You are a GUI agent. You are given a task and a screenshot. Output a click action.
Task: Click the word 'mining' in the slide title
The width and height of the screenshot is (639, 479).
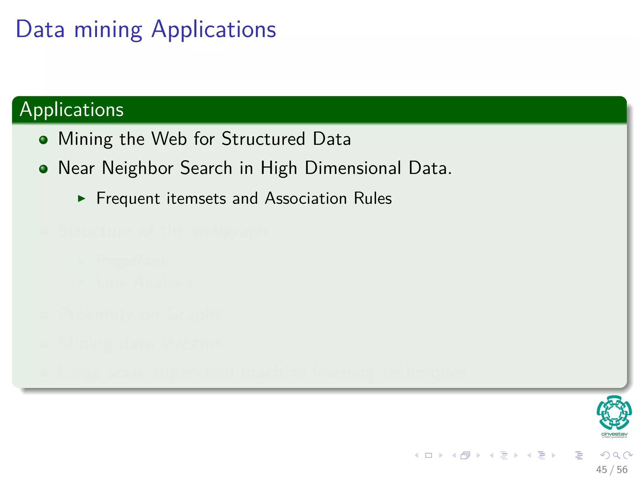point(108,30)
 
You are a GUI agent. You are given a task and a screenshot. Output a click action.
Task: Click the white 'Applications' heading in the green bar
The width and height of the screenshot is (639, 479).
point(72,110)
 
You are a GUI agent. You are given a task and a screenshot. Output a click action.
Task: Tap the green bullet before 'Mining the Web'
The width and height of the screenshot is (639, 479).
point(43,140)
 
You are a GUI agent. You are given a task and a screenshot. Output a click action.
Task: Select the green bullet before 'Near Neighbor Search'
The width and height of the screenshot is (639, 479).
point(43,169)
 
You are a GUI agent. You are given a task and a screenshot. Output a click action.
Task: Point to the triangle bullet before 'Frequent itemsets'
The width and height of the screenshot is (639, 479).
point(81,198)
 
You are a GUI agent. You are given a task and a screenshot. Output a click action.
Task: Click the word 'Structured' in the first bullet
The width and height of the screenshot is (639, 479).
point(263,139)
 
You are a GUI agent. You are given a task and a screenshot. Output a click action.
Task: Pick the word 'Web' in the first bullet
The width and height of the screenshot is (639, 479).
point(169,139)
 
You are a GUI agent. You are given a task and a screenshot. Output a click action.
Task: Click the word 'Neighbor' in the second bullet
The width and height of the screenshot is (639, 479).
point(137,168)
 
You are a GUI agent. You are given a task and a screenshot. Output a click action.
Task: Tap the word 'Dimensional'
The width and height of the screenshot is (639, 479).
point(353,168)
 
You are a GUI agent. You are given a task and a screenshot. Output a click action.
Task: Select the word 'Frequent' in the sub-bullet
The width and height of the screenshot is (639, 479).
point(128,199)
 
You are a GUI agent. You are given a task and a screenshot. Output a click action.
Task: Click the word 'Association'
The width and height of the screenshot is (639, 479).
point(306,199)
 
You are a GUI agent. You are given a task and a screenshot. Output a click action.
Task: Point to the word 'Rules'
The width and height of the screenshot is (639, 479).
point(373,199)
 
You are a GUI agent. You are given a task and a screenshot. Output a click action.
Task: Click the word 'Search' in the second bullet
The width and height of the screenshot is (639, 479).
point(206,168)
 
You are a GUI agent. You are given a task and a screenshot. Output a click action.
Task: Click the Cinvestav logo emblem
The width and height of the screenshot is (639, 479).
point(614,412)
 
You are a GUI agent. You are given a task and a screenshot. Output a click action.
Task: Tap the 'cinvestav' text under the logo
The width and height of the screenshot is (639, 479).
point(614,434)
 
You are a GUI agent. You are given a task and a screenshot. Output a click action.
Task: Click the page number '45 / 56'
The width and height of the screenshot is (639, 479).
point(612,470)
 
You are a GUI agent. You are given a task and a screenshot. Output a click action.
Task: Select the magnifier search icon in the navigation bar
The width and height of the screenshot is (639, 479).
point(616,455)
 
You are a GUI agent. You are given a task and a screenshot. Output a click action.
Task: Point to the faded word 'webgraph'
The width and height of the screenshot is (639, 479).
point(230,231)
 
